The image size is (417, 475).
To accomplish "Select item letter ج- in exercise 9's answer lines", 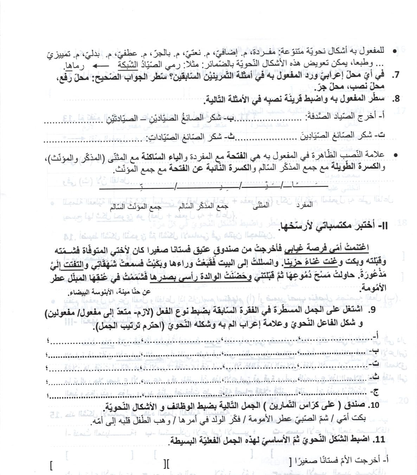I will coord(377,393).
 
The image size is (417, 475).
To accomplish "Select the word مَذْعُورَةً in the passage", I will coord(376,271).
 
